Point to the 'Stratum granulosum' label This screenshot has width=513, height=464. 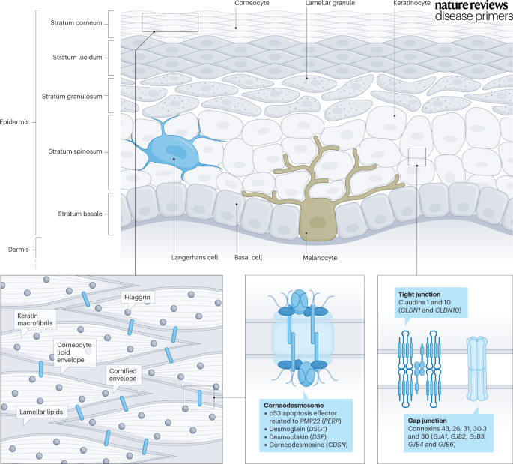[x=76, y=94]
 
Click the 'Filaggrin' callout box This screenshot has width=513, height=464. [x=139, y=298]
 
